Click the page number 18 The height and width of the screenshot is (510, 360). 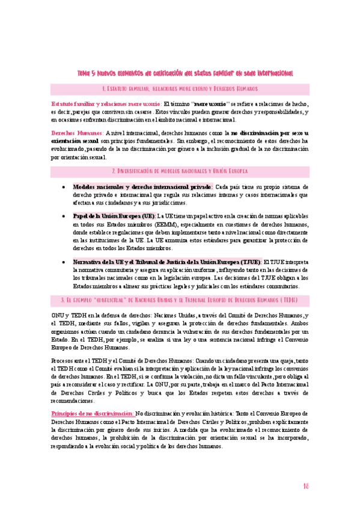click(306, 485)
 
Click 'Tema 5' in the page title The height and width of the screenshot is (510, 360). click(88, 73)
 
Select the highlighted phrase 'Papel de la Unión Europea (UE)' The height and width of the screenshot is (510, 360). click(113, 215)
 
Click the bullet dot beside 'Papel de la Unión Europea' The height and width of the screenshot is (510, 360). click(64, 216)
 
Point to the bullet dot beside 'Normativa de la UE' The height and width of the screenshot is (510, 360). click(64, 262)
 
